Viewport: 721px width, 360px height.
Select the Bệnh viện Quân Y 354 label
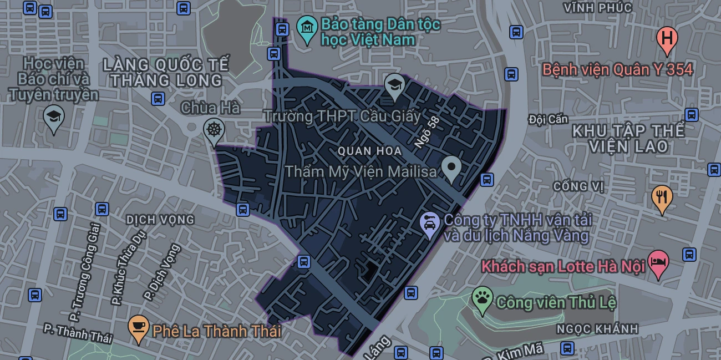(x=617, y=69)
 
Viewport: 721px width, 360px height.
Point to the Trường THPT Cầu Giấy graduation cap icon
(x=394, y=86)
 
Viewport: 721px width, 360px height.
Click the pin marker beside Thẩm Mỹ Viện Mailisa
(x=451, y=167)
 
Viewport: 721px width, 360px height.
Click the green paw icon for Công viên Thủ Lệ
(x=483, y=299)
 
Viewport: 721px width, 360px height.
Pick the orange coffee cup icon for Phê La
(x=138, y=327)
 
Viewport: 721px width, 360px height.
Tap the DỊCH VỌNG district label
(x=160, y=220)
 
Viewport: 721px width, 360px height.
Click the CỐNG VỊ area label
(x=578, y=186)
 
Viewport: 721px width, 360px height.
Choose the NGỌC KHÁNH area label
(x=597, y=329)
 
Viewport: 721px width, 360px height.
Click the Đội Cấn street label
(x=548, y=119)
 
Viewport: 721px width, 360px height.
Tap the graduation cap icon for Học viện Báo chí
(x=54, y=118)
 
